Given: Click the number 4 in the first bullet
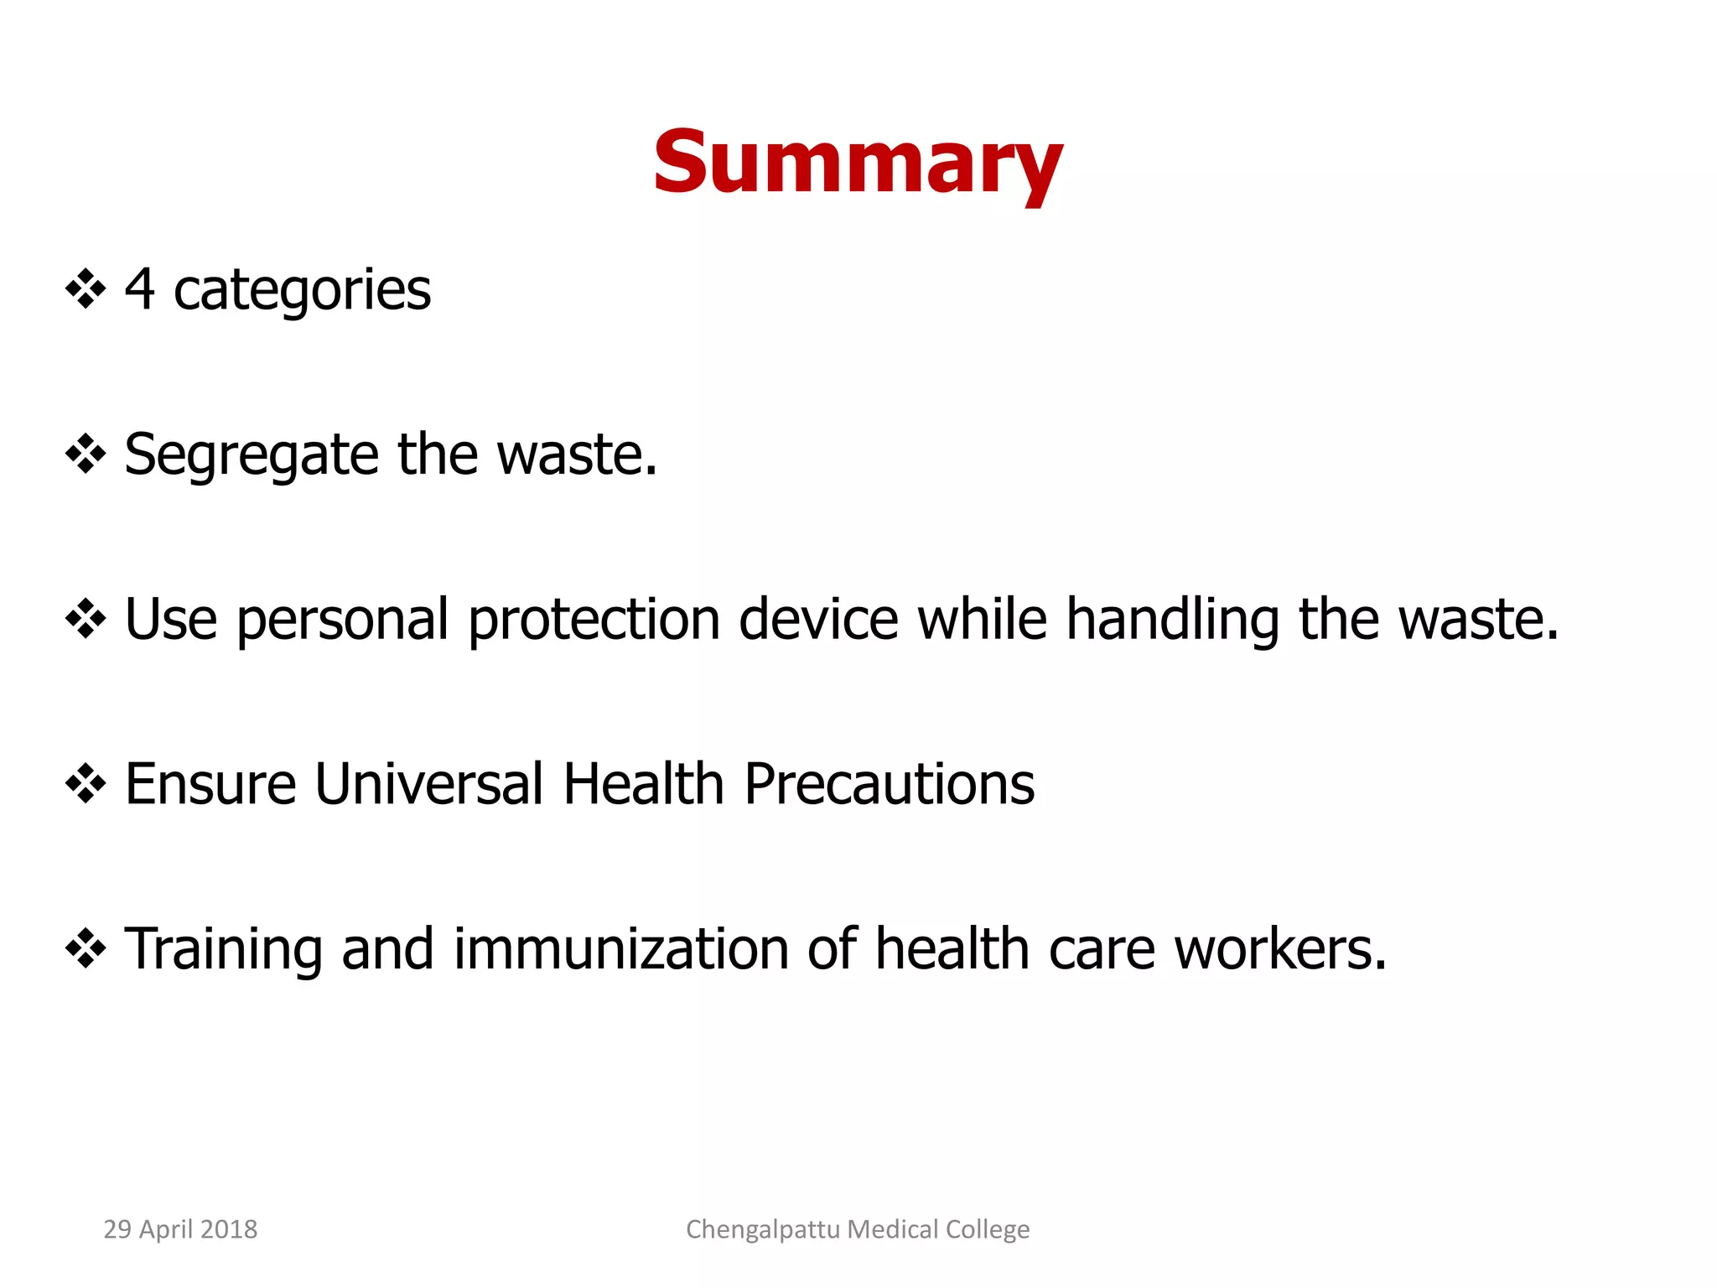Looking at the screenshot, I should click(140, 289).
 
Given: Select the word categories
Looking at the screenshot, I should click(302, 291).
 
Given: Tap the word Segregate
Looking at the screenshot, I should click(252, 455).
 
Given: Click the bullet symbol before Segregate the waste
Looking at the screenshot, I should click(86, 455).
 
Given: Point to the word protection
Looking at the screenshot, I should click(594, 621).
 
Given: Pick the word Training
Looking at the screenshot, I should click(223, 950).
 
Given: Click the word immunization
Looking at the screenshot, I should click(621, 948).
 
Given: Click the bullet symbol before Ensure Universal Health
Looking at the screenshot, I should click(86, 785).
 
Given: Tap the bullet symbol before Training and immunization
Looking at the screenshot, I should click(86, 949).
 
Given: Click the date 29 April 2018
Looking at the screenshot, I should click(180, 1229).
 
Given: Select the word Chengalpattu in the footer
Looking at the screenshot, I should click(763, 1230).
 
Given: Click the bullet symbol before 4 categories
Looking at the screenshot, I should click(86, 291).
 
